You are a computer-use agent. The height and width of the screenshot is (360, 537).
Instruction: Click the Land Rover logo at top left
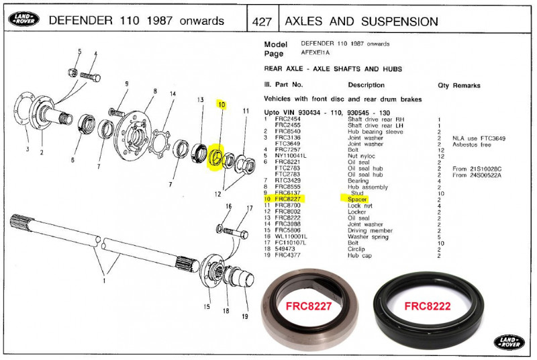pos(23,20)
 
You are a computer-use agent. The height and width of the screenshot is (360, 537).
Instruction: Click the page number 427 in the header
pos(262,21)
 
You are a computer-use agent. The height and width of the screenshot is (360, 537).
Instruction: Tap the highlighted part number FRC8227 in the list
pos(289,199)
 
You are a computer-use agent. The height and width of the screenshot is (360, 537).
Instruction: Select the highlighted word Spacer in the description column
pos(357,199)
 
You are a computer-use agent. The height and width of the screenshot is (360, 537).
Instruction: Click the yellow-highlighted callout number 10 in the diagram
pos(221,105)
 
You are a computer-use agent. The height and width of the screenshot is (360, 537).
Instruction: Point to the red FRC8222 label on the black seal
pos(426,306)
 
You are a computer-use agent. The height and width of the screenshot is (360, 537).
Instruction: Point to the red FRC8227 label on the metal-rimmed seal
pos(309,306)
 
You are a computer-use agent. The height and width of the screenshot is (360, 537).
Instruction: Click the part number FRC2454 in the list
pos(288,119)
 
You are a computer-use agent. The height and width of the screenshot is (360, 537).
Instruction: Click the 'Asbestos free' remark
pos(472,144)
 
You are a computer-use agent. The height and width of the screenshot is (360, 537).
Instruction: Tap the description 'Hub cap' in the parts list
pos(359,255)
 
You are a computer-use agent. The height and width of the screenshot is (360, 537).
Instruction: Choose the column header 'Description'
pos(366,85)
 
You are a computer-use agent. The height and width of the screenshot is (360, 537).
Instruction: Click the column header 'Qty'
pos(443,85)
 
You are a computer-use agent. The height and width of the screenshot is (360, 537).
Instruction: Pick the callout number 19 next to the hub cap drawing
pos(244,316)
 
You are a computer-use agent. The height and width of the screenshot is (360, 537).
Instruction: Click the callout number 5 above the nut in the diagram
pos(79,52)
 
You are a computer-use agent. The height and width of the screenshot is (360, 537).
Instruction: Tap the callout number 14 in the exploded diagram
pos(173,93)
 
